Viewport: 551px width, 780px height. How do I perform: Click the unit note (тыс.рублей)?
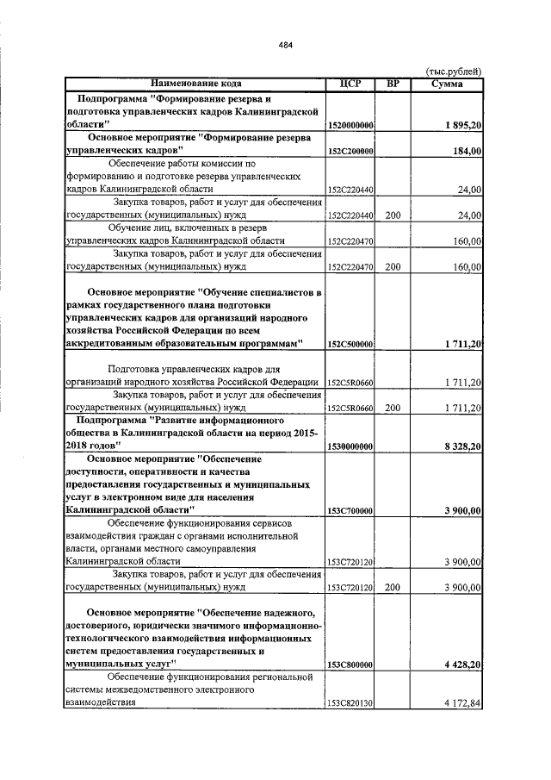click(455, 72)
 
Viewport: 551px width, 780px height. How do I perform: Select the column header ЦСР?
click(350, 84)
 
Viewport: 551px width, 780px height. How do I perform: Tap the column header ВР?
click(393, 84)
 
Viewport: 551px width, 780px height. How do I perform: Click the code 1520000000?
click(350, 126)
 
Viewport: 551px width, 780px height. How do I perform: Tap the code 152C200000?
click(350, 151)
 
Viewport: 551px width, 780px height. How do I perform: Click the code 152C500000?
click(350, 344)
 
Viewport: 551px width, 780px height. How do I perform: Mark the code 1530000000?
click(350, 446)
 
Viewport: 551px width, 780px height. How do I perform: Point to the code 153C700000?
click(350, 511)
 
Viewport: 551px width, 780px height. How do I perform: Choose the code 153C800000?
click(350, 665)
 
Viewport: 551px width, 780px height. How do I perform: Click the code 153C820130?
click(350, 703)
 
